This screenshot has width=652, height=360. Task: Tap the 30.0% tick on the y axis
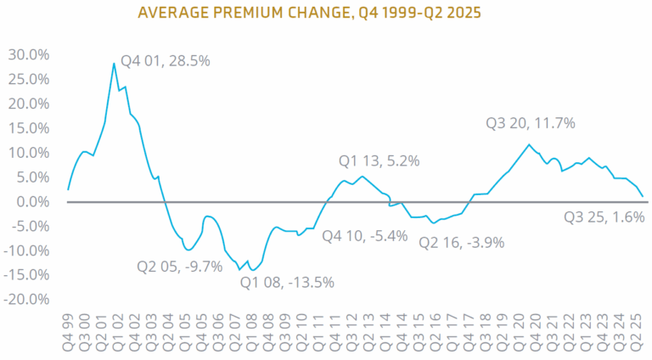(x=29, y=55)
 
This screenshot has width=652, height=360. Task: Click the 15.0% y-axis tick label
(x=29, y=128)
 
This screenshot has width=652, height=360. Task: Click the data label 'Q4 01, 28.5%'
(x=165, y=61)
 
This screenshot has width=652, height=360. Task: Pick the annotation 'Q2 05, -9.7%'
(x=179, y=266)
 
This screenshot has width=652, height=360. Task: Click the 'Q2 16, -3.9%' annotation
(x=462, y=242)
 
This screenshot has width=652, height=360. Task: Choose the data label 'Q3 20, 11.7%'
(x=530, y=123)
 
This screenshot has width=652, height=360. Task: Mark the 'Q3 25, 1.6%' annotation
(x=604, y=217)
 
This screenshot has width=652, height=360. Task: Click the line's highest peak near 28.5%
(x=114, y=63)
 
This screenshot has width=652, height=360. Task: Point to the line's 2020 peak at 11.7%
(x=529, y=145)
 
